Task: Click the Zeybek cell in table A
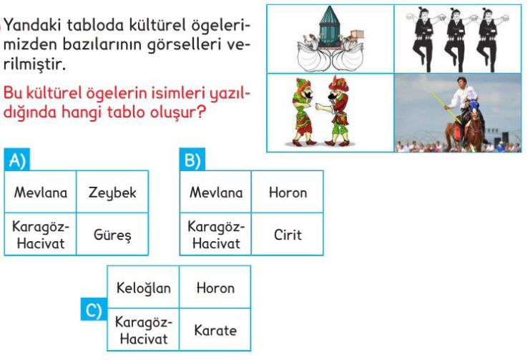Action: (112, 192)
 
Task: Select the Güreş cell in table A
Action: (112, 234)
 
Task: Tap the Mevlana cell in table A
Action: (40, 192)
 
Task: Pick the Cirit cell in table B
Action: (288, 234)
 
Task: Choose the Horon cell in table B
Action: (288, 192)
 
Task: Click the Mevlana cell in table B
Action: (216, 192)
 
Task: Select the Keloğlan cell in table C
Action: (144, 287)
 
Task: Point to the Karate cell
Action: (215, 330)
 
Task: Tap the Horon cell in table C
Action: (215, 287)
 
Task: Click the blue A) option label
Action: (17, 160)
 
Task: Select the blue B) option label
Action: (192, 160)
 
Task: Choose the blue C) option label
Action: (94, 309)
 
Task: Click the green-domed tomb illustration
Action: (329, 28)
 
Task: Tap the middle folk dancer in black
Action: (456, 39)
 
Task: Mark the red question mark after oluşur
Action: (200, 112)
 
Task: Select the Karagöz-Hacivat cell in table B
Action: (216, 234)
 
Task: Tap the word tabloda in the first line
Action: (95, 25)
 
